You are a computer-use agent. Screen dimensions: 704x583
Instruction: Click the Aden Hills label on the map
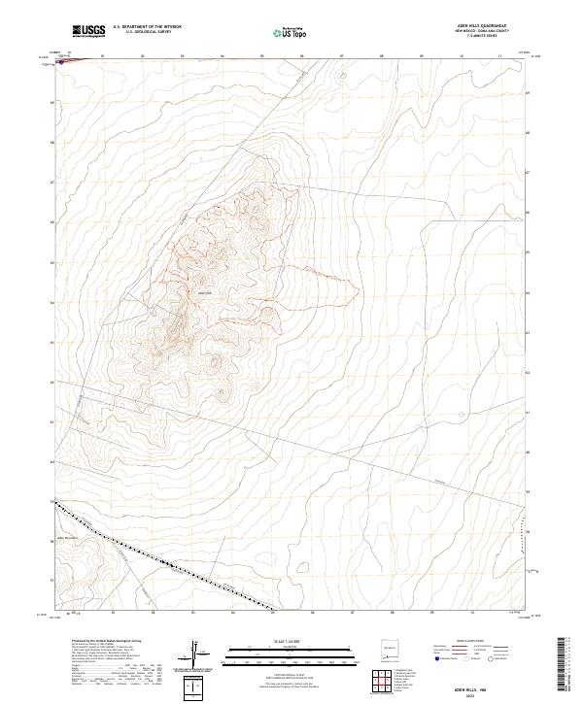click(204, 292)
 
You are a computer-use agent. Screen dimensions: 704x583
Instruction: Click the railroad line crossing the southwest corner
click(165, 562)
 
